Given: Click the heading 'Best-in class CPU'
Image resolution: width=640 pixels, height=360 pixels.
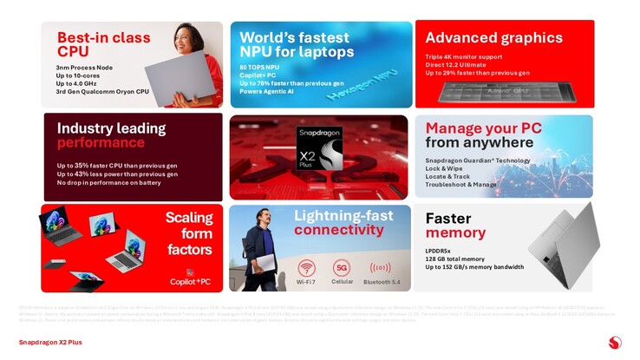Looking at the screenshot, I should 103,44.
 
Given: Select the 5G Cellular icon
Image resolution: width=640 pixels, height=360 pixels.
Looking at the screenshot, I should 342,267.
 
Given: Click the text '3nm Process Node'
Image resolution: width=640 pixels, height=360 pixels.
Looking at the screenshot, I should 85,67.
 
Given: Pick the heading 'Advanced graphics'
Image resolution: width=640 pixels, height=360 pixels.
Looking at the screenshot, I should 493,37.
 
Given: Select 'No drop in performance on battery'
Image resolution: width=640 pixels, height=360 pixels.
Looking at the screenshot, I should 109,183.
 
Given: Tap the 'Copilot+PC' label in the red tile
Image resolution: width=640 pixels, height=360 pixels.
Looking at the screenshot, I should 190,281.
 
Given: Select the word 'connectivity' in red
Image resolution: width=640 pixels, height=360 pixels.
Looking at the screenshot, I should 339,230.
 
